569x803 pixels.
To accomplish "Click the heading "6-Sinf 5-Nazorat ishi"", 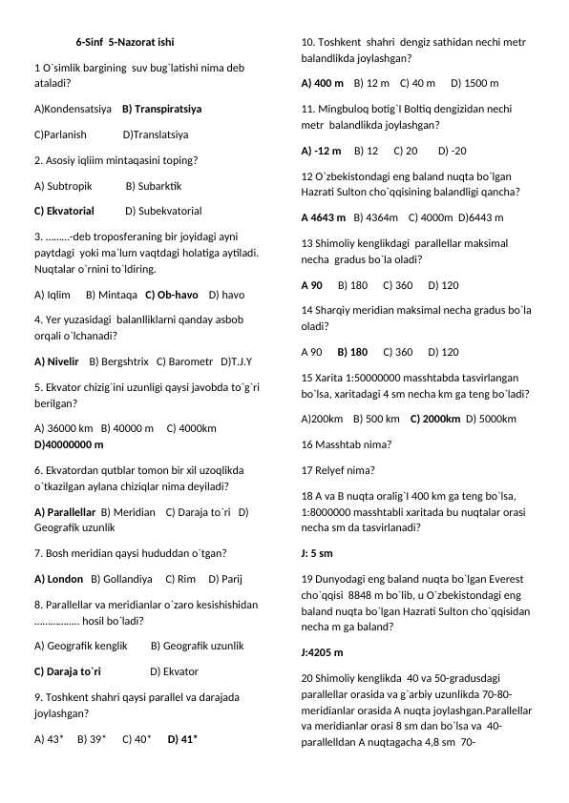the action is coord(124,43).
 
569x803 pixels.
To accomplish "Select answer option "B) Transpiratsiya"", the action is coord(161,110).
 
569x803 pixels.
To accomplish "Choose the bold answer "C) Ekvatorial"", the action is coord(64,211).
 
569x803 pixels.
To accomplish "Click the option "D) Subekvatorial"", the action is coord(163,211).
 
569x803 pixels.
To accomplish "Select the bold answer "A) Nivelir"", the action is coord(56,361).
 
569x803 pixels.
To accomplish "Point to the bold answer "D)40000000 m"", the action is coord(69,444).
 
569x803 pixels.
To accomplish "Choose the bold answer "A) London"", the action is coord(58,579).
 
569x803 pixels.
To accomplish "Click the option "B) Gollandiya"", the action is coord(121,579).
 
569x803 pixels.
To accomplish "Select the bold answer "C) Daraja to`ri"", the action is coord(67,671).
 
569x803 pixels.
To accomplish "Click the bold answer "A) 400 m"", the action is coord(322,83).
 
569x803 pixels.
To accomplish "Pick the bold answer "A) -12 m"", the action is coord(320,151).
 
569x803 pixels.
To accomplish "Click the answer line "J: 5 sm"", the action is coord(316,552).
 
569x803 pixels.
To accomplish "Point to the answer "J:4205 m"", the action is coord(322,653).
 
